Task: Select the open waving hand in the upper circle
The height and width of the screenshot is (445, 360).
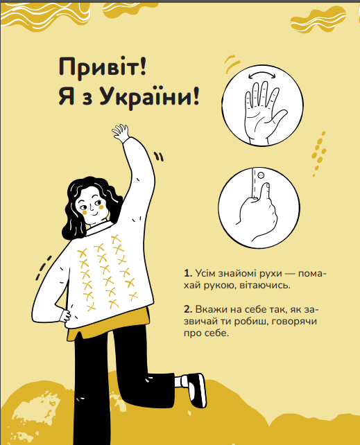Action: tap(264, 112)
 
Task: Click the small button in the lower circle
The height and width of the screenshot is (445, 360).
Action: tap(262, 175)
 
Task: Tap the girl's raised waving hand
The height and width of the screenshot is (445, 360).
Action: tap(121, 133)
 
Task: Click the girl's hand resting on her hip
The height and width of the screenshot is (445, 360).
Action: tap(65, 315)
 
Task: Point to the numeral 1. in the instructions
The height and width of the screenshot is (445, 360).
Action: tap(188, 274)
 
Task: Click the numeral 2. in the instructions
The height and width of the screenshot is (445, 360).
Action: tap(188, 309)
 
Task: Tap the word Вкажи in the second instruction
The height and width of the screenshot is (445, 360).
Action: tap(209, 309)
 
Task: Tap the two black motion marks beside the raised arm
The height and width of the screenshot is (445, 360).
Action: tap(159, 157)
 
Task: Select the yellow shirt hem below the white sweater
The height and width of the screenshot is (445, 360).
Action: tap(109, 324)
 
